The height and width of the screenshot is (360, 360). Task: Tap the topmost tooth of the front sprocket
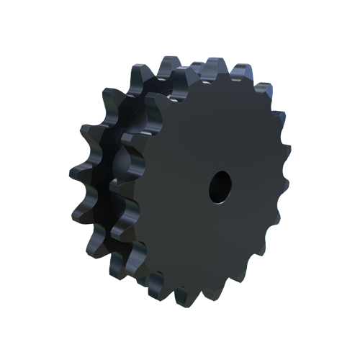(x=211, y=71)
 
